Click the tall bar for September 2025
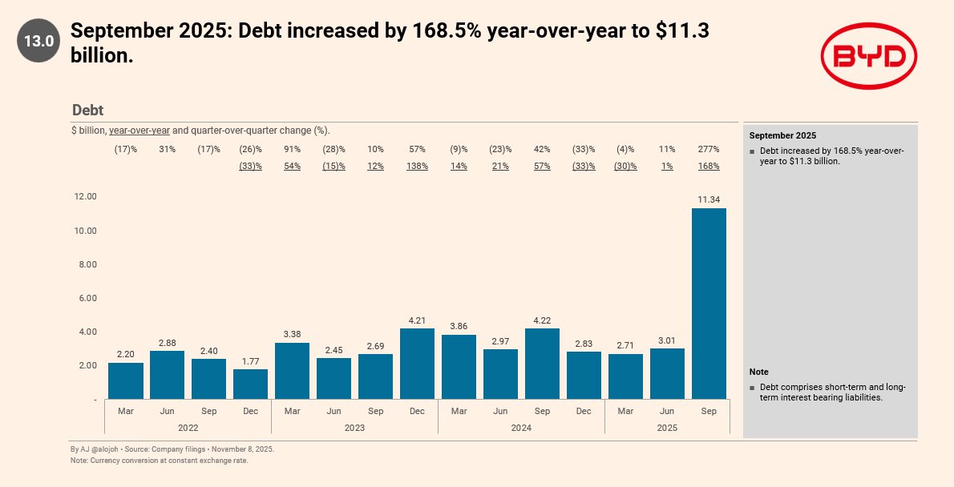click(709, 304)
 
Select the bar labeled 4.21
click(417, 364)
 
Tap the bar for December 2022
click(250, 384)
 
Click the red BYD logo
click(868, 55)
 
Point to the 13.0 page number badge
click(38, 41)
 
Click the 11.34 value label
click(709, 199)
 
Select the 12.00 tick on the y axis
click(85, 197)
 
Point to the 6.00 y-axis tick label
click(85, 298)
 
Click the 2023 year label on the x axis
click(354, 428)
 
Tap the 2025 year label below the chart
click(667, 428)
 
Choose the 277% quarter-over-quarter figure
click(709, 149)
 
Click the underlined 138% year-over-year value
click(417, 166)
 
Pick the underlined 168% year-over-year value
click(709, 166)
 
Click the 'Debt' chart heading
click(87, 111)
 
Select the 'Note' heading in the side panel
click(758, 372)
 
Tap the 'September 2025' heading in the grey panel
click(782, 135)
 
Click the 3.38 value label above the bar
click(292, 334)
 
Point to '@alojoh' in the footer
click(103, 449)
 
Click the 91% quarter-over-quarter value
click(292, 149)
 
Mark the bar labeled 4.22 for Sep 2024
click(542, 364)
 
